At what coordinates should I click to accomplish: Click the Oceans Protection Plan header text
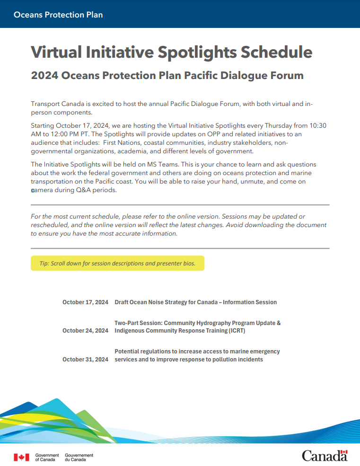[58, 15]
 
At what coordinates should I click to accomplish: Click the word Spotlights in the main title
[201, 52]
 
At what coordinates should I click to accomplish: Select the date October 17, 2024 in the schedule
[85, 302]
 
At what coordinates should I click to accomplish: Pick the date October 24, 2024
[85, 331]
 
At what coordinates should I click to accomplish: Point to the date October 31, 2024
[85, 360]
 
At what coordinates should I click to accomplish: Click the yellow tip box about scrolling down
[117, 264]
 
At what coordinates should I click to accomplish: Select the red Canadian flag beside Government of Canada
[21, 457]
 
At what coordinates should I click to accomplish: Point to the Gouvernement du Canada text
[79, 457]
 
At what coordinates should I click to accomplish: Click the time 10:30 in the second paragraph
[318, 126]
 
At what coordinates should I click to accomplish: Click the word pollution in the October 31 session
[216, 360]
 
